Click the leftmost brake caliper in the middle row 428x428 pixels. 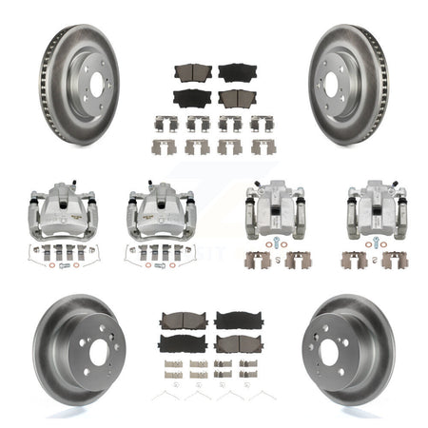58,204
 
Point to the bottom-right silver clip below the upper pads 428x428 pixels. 263,146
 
